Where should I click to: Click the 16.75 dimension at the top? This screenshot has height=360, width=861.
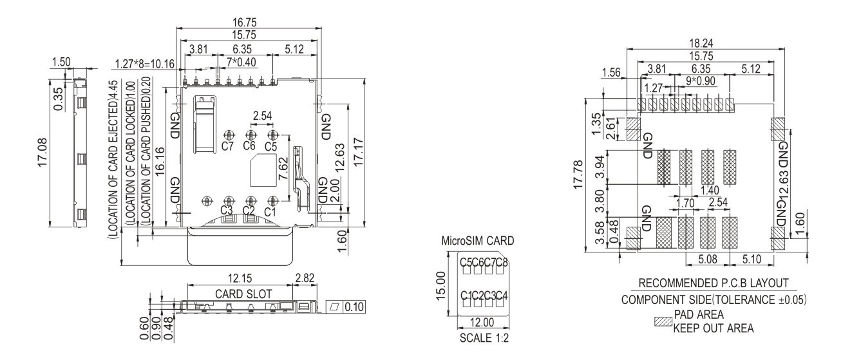[244, 23]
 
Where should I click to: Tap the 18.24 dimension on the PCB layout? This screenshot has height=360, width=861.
[701, 43]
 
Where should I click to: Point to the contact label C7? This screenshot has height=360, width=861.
[227, 146]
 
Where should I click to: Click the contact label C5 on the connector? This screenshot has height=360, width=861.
[270, 147]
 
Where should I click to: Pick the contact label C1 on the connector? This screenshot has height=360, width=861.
[270, 212]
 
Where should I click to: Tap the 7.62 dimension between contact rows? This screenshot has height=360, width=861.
[283, 169]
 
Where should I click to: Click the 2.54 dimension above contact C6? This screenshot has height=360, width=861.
[262, 116]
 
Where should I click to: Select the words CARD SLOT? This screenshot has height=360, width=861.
[243, 294]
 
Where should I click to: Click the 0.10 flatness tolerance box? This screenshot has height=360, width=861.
[354, 307]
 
